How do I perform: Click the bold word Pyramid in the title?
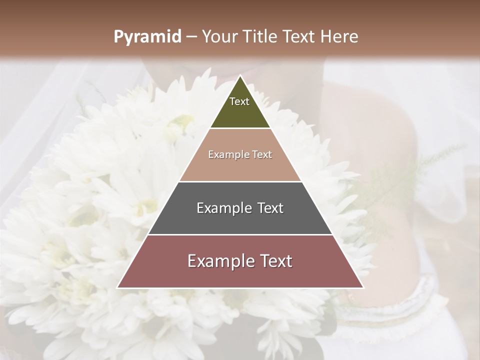click(147, 37)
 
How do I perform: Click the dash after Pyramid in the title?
click(191, 37)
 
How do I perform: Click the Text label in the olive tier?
click(239, 101)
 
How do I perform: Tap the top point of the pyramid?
click(240, 76)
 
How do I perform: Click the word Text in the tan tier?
click(262, 154)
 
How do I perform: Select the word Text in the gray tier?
click(270, 208)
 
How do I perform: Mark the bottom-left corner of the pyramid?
click(118, 287)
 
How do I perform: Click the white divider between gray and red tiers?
click(240, 234)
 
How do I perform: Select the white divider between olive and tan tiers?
click(240, 128)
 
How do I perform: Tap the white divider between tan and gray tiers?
click(240, 181)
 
